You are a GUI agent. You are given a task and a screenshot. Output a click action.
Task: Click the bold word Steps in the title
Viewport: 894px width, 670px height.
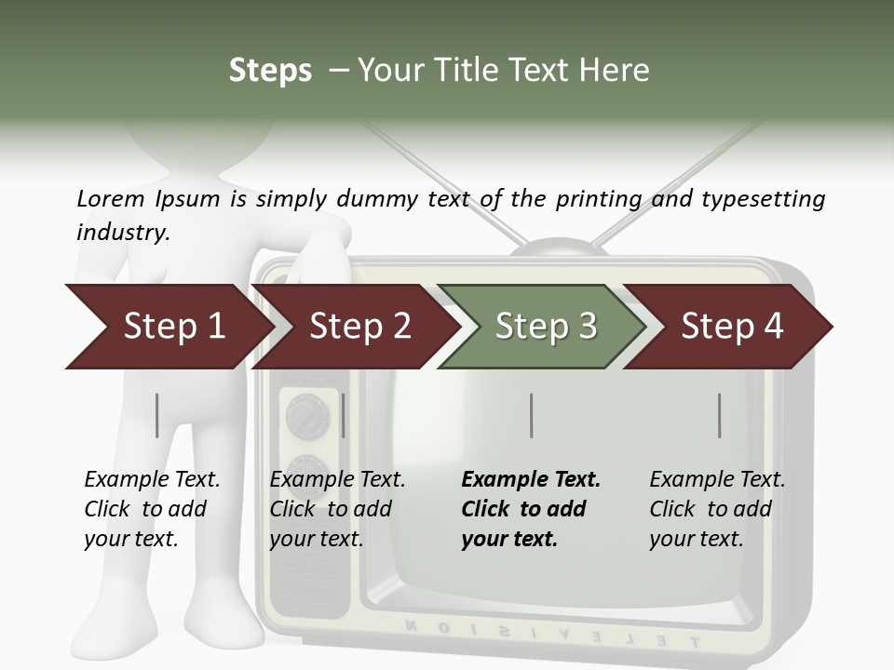270,70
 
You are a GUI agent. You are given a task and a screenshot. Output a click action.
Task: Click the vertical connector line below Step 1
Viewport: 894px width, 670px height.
157,415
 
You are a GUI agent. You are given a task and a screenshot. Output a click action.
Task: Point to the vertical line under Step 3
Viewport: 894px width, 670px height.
531,415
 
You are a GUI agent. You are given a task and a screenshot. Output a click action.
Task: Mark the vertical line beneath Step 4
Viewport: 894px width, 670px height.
720,415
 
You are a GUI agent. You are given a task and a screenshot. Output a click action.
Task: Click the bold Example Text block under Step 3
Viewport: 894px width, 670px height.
530,509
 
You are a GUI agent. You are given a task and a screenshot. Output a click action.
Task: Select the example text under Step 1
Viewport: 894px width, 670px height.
152,509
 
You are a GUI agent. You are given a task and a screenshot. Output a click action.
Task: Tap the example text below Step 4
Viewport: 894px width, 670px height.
716,509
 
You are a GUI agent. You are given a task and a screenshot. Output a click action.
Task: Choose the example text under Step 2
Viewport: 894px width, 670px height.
337,509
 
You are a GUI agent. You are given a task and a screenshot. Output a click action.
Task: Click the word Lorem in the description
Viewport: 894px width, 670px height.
111,198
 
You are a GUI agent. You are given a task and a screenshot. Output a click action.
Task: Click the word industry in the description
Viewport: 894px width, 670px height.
122,232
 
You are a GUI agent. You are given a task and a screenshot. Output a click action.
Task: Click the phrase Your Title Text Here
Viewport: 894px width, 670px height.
503,70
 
